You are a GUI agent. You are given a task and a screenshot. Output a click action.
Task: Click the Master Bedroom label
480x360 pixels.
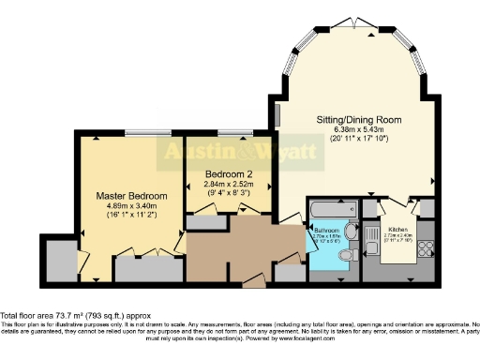click(x=132, y=196)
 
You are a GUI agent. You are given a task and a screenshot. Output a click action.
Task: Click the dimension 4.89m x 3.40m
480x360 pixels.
click(x=132, y=206)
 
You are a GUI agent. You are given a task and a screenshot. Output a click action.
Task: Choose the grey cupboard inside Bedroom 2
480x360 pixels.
click(x=202, y=223)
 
